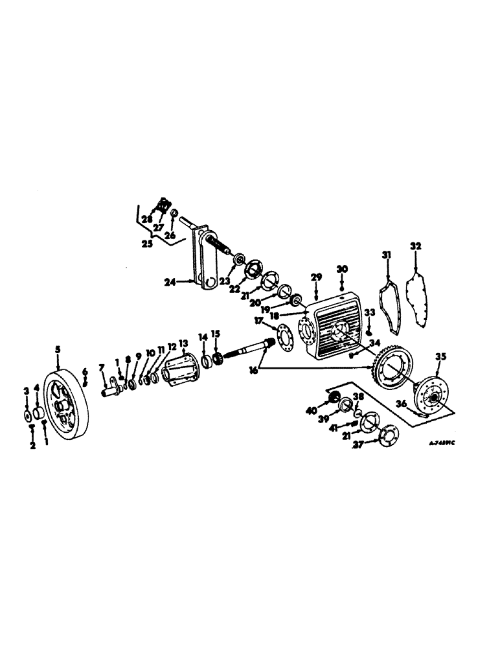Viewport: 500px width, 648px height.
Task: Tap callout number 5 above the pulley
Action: click(58, 349)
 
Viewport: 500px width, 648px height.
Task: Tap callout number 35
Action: click(440, 356)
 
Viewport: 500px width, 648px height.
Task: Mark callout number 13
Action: click(183, 343)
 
